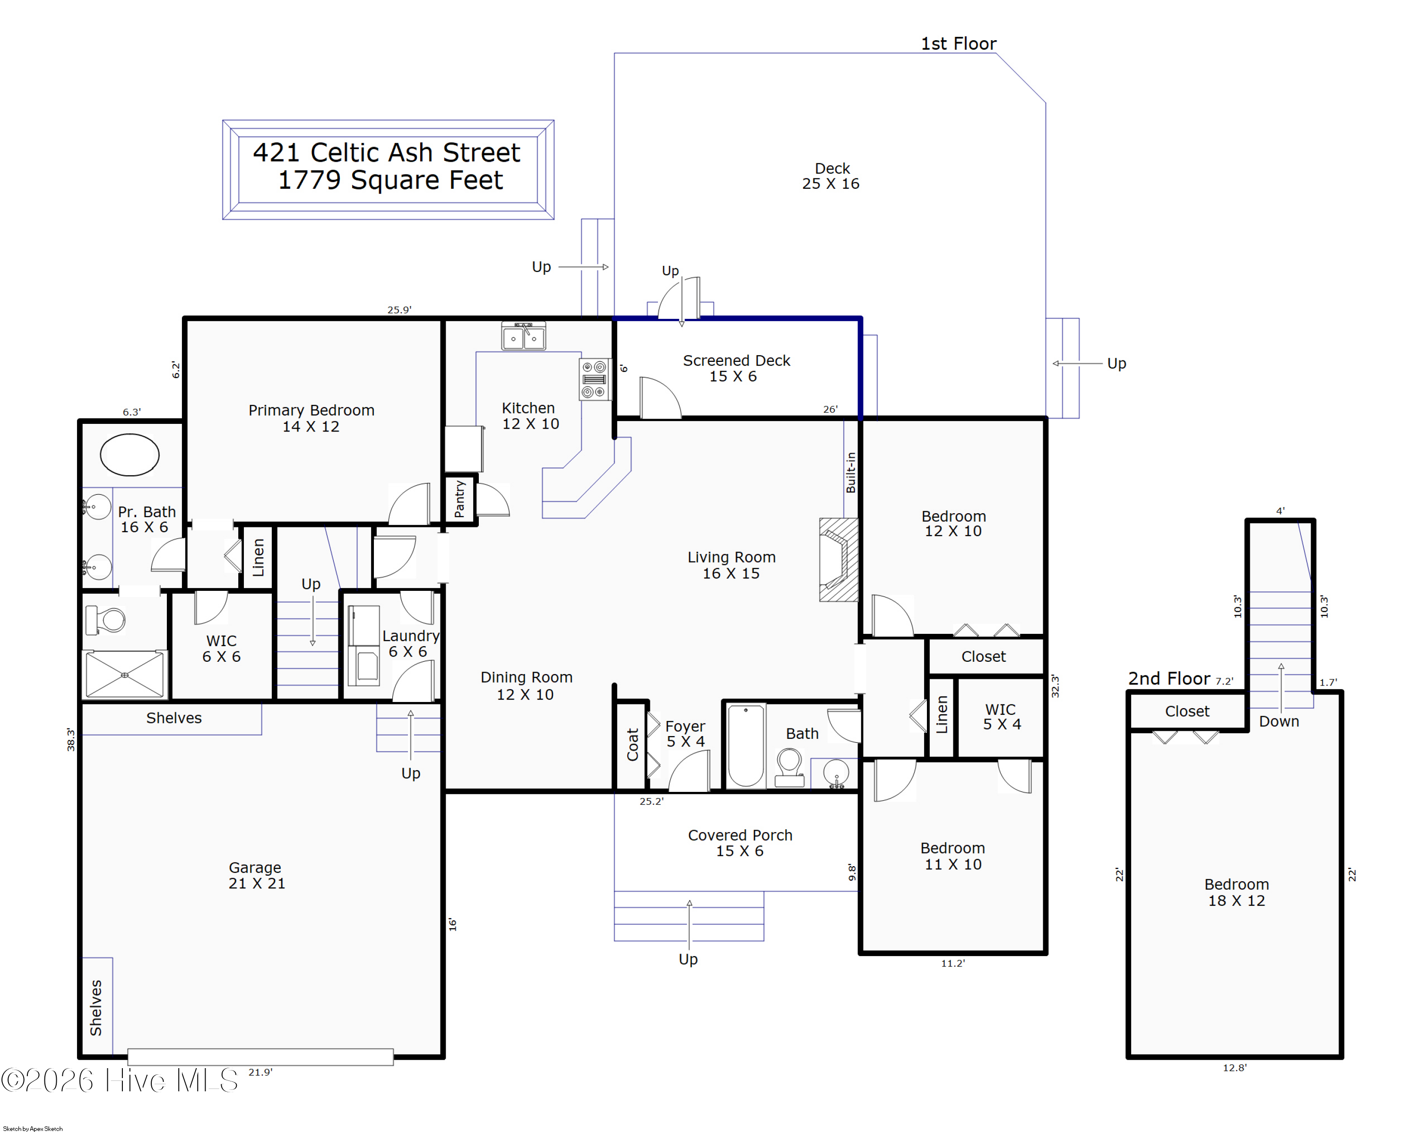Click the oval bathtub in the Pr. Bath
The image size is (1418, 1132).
130,455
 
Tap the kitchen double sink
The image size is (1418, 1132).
524,336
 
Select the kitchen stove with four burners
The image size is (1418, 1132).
595,379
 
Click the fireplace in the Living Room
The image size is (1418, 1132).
839,560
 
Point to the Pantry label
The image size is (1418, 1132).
460,499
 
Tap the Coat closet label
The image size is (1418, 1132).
633,745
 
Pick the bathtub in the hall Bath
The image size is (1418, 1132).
746,746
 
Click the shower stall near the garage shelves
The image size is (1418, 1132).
124,675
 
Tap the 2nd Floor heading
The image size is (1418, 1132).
1169,678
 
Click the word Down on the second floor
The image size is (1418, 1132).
1279,721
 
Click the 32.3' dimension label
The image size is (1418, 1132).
1055,686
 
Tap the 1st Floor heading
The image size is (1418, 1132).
958,44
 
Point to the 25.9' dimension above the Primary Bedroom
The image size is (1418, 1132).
399,310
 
